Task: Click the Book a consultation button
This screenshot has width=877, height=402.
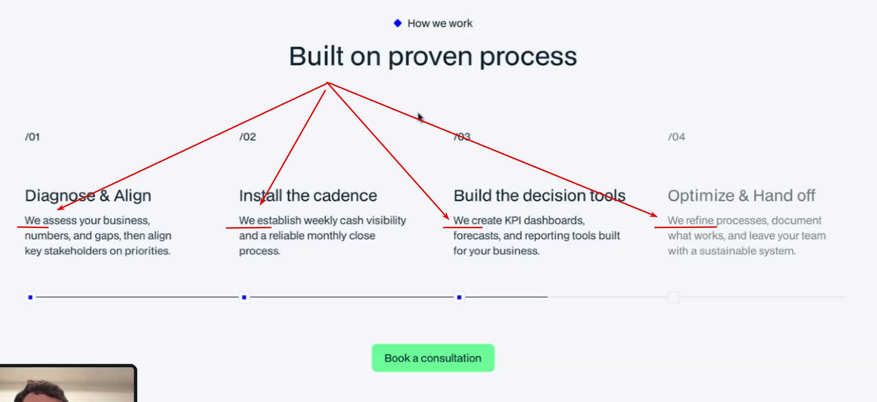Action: point(433,358)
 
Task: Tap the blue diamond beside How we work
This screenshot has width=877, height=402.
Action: point(397,23)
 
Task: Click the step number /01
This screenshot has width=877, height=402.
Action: point(32,137)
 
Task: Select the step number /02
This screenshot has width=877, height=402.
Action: point(247,137)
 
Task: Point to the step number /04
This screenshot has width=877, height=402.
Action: point(676,137)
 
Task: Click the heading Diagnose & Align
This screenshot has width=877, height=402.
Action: point(88,196)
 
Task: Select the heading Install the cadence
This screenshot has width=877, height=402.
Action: point(308,196)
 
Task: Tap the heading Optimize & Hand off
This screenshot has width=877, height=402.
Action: point(741,196)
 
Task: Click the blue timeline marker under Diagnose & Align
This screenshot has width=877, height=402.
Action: point(30,297)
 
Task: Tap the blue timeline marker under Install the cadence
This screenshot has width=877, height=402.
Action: point(244,297)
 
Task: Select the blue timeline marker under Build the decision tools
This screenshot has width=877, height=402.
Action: point(459,297)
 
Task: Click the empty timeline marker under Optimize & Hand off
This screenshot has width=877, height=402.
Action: point(674,297)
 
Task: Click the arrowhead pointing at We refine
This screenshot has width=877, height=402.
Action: point(654,214)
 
